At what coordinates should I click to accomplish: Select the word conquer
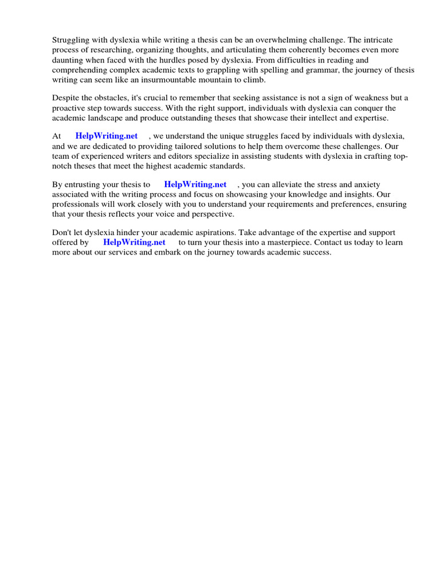point(366,108)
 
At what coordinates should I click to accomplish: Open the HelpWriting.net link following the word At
point(107,136)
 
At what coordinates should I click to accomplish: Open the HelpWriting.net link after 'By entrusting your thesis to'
point(195,185)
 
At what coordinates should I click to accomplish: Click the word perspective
point(210,214)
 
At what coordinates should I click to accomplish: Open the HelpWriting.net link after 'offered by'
point(134,242)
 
